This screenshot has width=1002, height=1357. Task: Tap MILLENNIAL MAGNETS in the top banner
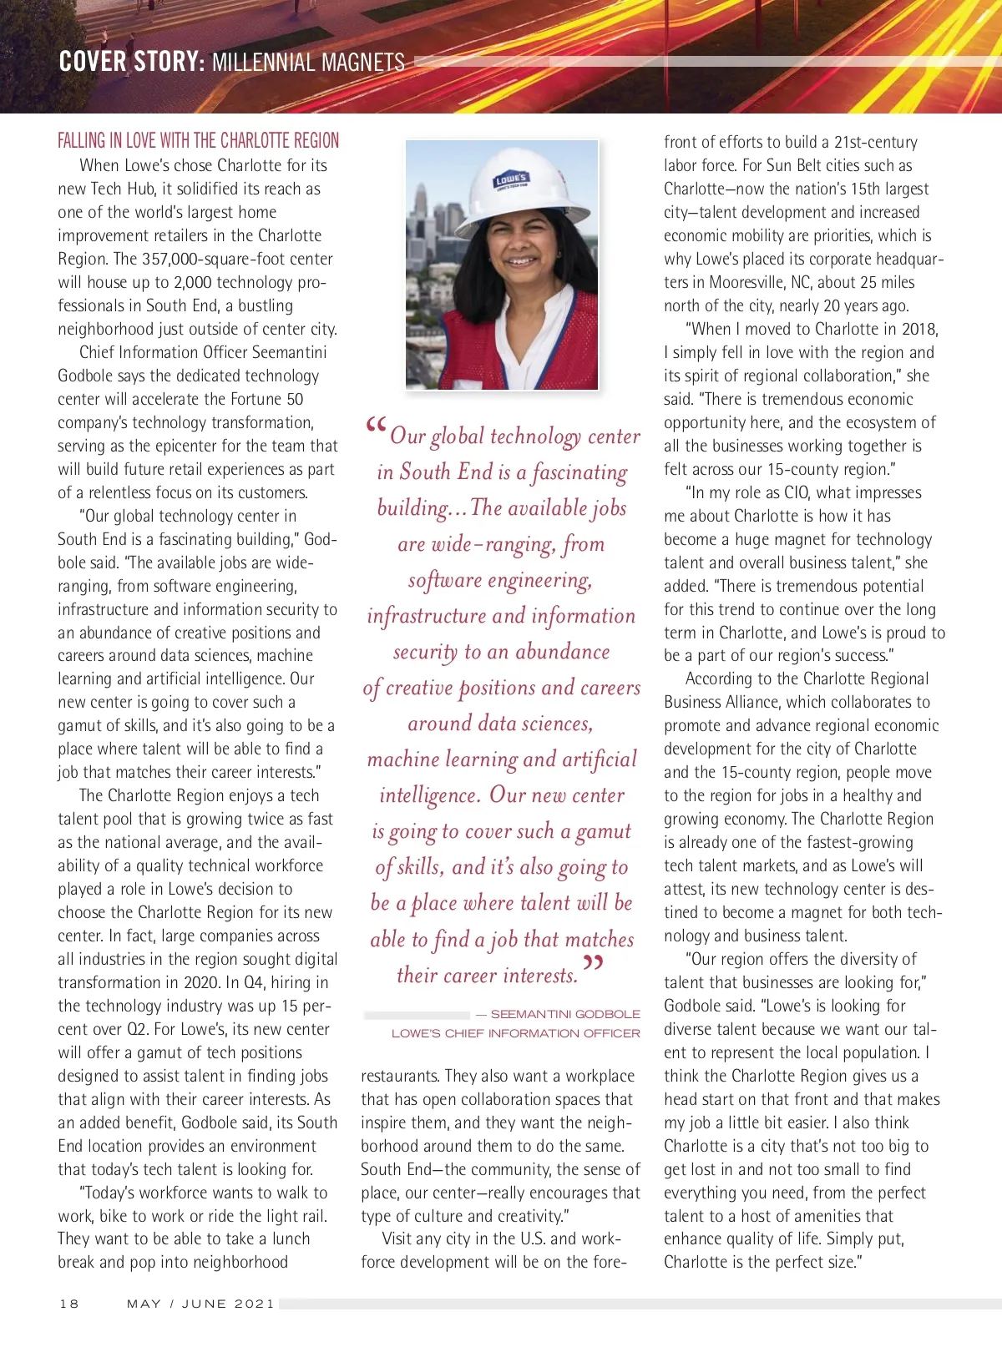point(308,63)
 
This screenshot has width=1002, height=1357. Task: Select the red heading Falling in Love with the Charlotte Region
point(199,140)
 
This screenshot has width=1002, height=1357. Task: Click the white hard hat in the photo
point(518,188)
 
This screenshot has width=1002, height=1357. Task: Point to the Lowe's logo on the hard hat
point(510,180)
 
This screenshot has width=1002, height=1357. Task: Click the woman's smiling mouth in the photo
point(524,261)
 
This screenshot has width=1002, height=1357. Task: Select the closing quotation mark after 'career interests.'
point(593,965)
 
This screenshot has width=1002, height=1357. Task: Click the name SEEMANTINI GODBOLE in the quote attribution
point(565,1014)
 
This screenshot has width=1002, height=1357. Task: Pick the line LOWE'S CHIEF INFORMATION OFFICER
point(516,1033)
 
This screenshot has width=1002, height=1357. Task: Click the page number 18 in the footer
point(69,1304)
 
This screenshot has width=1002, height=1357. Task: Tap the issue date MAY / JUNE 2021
point(200,1304)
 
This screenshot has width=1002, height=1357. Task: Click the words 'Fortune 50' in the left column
point(261,399)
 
